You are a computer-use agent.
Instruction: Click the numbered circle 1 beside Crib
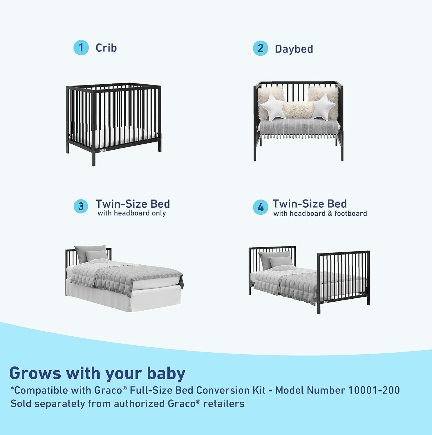[x=81, y=48]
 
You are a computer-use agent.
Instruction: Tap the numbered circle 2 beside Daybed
[x=260, y=48]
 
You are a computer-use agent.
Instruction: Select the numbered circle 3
[x=81, y=206]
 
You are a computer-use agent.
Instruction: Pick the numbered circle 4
[x=260, y=207]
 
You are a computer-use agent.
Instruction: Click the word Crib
[x=106, y=48]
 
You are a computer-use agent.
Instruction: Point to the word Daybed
[x=294, y=49]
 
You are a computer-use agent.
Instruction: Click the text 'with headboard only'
[x=132, y=213]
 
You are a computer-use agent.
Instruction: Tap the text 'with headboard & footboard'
[x=320, y=214]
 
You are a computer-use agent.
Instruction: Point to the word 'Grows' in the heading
[x=35, y=373]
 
